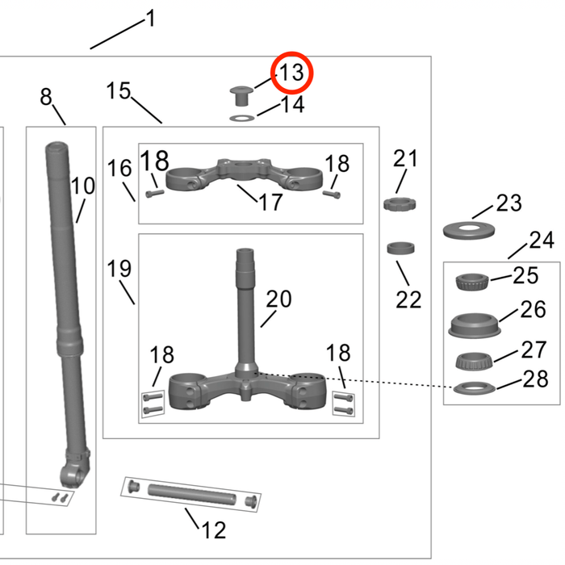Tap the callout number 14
pos(291,105)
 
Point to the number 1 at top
pos(149,19)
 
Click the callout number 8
pos(46,97)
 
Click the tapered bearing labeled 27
pos(471,360)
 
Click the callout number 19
pos(119,269)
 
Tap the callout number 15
pos(118,91)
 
